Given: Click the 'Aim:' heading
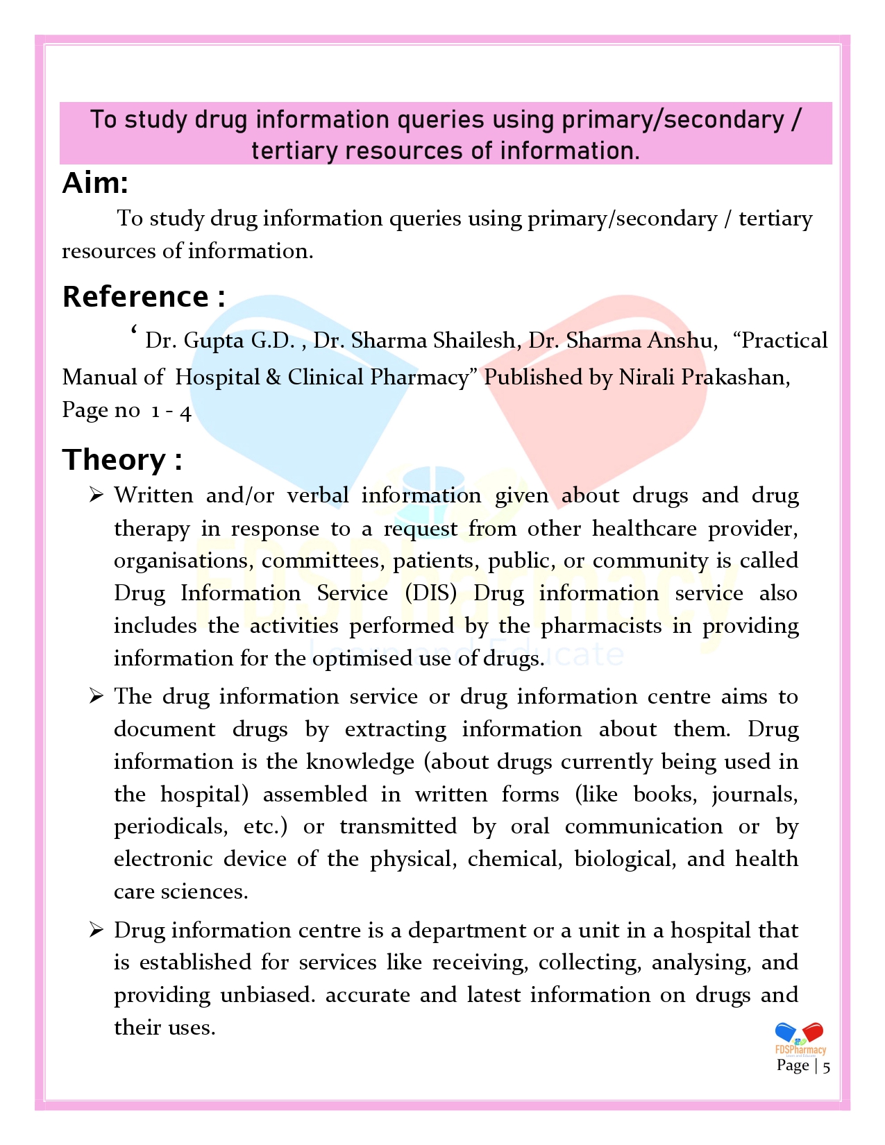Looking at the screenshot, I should pyautogui.click(x=95, y=183).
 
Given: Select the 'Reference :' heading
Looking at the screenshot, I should pyautogui.click(x=143, y=297).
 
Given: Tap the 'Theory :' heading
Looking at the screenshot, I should pyautogui.click(x=122, y=459).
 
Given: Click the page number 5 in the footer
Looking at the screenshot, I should pyautogui.click(x=826, y=1067).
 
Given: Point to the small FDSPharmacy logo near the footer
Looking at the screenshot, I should pyautogui.click(x=800, y=1038).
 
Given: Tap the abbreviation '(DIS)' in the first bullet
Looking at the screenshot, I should pyautogui.click(x=431, y=593).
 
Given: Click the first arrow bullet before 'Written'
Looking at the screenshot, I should pyautogui.click(x=96, y=495).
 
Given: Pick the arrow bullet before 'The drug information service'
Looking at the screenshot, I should pyautogui.click(x=96, y=696).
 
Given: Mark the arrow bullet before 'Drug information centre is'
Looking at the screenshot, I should pyautogui.click(x=96, y=930).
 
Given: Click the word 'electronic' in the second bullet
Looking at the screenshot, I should pyautogui.click(x=163, y=859).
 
